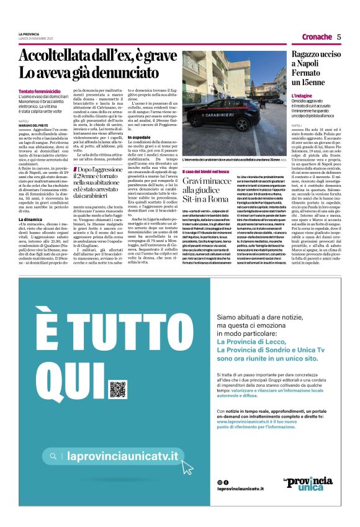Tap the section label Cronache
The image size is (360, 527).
pos(317,37)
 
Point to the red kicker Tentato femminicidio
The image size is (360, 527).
pos(40,92)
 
